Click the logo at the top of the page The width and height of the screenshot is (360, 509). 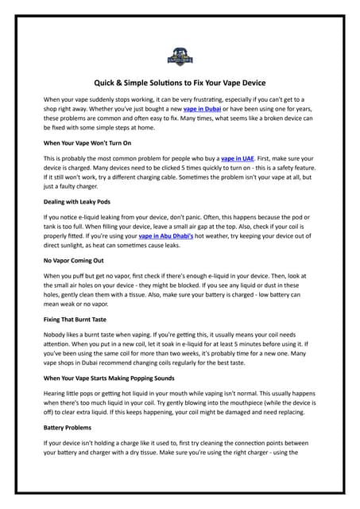tap(180, 56)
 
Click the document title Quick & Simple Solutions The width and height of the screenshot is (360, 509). tap(180, 83)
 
